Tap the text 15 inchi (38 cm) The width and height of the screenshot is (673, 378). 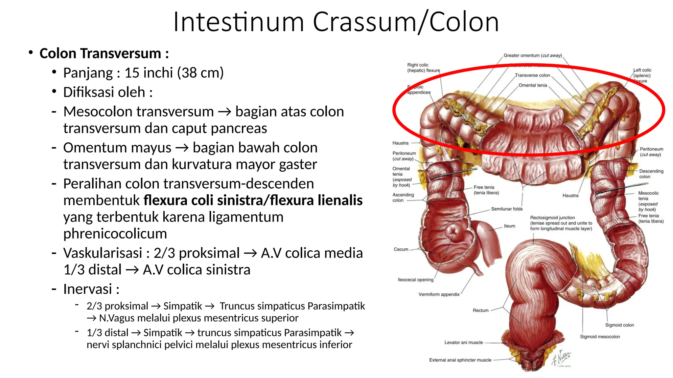174,73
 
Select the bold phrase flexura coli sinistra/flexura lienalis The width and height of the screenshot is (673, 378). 253,200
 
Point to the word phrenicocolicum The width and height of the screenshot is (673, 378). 115,234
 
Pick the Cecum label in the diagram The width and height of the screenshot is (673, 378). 401,249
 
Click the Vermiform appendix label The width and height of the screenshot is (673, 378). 439,294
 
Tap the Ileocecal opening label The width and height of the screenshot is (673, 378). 415,280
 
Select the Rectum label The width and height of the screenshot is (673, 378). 480,310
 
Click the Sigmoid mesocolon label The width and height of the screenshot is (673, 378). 600,337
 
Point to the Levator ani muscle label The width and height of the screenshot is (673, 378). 463,343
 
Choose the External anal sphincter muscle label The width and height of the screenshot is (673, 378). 460,360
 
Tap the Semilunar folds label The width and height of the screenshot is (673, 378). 507,209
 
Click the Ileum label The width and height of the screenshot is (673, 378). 509,226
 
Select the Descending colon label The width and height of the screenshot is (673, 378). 651,174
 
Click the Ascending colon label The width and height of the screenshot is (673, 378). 403,198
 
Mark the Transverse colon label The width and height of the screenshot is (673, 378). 532,75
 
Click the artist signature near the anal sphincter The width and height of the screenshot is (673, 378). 562,359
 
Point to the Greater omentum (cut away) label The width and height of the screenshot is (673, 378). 533,56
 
